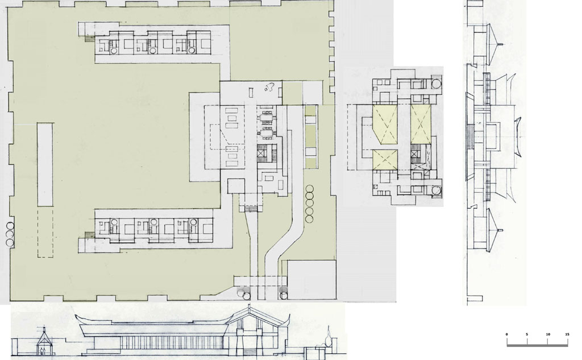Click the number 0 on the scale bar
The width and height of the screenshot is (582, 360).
point(506,334)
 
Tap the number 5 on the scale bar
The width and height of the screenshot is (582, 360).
point(527,334)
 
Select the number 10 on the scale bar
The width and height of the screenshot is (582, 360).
point(548,334)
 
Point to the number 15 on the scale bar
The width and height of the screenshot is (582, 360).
point(567,334)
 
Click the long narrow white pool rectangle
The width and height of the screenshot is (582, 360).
point(45,164)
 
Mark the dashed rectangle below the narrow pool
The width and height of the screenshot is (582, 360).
point(45,232)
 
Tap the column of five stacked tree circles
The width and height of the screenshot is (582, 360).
point(309,204)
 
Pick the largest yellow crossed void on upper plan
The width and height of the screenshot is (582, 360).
point(385,125)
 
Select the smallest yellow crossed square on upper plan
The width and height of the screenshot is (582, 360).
point(385,159)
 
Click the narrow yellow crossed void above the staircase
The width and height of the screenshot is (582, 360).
point(420,125)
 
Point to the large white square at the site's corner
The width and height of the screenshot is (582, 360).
point(312,280)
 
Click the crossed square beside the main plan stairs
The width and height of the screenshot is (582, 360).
point(261,152)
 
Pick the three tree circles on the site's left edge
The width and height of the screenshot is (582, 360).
point(10,234)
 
